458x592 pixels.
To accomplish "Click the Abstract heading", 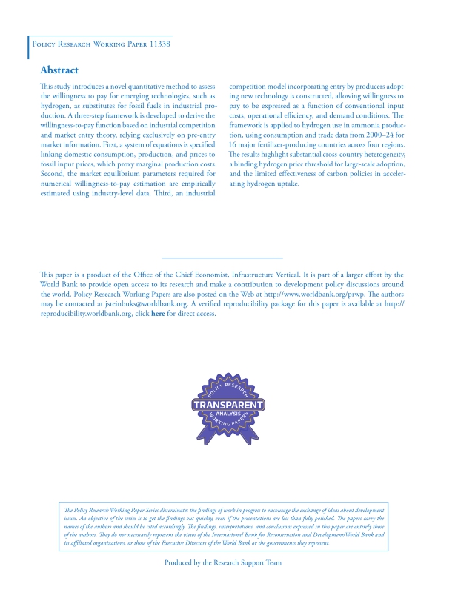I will pyautogui.click(x=59, y=70).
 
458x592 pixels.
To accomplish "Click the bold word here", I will pyautogui.click(x=157, y=314).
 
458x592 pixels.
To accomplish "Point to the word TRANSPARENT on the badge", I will pyautogui.click(x=228, y=406).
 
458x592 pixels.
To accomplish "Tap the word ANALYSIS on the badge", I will pyautogui.click(x=228, y=414).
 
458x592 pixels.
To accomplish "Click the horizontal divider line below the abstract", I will pyautogui.click(x=222, y=257).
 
